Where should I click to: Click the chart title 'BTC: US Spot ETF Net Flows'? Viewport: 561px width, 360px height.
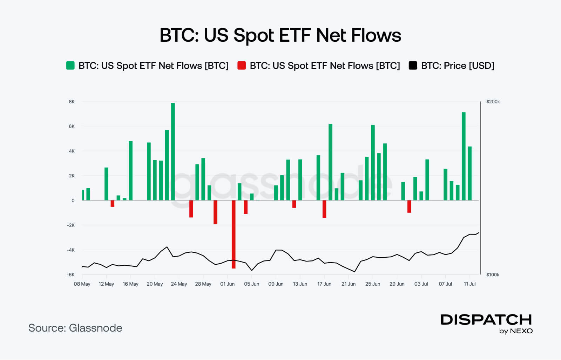tap(280, 35)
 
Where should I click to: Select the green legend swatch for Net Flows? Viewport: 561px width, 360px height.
tap(70, 66)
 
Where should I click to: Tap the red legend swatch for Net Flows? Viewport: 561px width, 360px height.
tap(242, 66)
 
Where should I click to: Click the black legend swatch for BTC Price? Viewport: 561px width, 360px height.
tap(413, 66)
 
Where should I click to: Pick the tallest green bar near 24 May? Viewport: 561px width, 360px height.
tap(173, 151)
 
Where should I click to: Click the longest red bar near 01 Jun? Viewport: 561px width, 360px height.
tap(234, 234)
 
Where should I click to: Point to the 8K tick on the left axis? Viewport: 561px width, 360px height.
tap(72, 102)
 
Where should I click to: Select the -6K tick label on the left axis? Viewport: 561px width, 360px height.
tap(71, 274)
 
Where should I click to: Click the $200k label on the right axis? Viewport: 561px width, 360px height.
tap(493, 102)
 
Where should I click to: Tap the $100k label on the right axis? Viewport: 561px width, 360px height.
tap(493, 274)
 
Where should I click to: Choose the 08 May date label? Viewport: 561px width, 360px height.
tap(82, 284)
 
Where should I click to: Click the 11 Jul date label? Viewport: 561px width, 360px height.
tap(469, 284)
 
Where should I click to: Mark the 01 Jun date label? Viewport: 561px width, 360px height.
tap(227, 284)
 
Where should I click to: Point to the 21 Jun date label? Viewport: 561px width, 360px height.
tap(348, 284)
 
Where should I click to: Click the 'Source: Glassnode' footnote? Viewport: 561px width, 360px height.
tap(75, 328)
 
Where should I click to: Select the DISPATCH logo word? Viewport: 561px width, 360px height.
tap(486, 320)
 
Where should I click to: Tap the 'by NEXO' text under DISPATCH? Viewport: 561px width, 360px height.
tap(516, 331)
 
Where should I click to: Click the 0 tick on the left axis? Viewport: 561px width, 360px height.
tap(73, 201)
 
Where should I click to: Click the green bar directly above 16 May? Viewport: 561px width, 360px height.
tap(131, 170)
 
